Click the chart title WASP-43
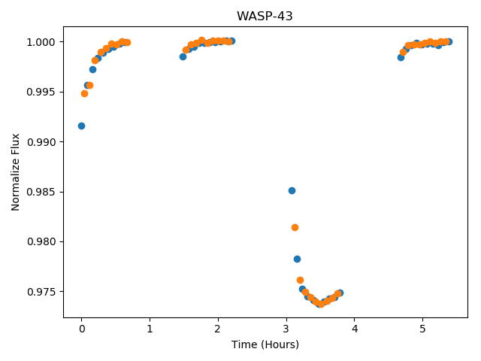(265, 16)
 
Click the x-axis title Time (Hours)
(265, 344)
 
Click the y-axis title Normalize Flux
(15, 172)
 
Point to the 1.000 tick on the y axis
(41, 42)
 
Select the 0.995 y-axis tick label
(41, 92)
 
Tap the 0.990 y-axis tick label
(41, 142)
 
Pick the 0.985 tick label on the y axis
(41, 193)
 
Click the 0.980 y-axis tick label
(41, 242)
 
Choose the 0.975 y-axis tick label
(41, 292)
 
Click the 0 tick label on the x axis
(82, 329)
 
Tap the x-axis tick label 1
(150, 329)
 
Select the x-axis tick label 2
(218, 329)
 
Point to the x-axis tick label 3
(286, 329)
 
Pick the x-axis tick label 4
(355, 329)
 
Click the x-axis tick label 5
(422, 329)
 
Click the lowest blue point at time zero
(81, 126)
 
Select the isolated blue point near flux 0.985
(292, 190)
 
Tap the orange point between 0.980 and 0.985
(295, 227)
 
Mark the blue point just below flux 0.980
(297, 259)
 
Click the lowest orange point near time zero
(84, 93)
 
